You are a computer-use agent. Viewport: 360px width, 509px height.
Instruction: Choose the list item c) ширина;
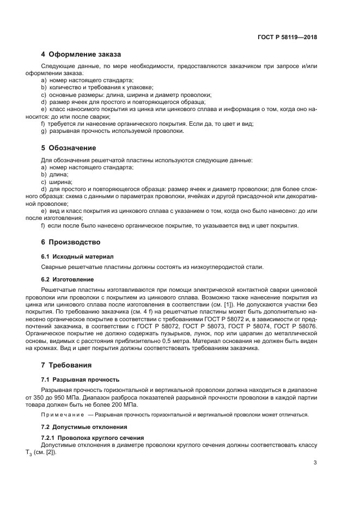57,181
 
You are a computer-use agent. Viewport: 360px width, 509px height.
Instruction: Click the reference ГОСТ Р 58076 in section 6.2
294,326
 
